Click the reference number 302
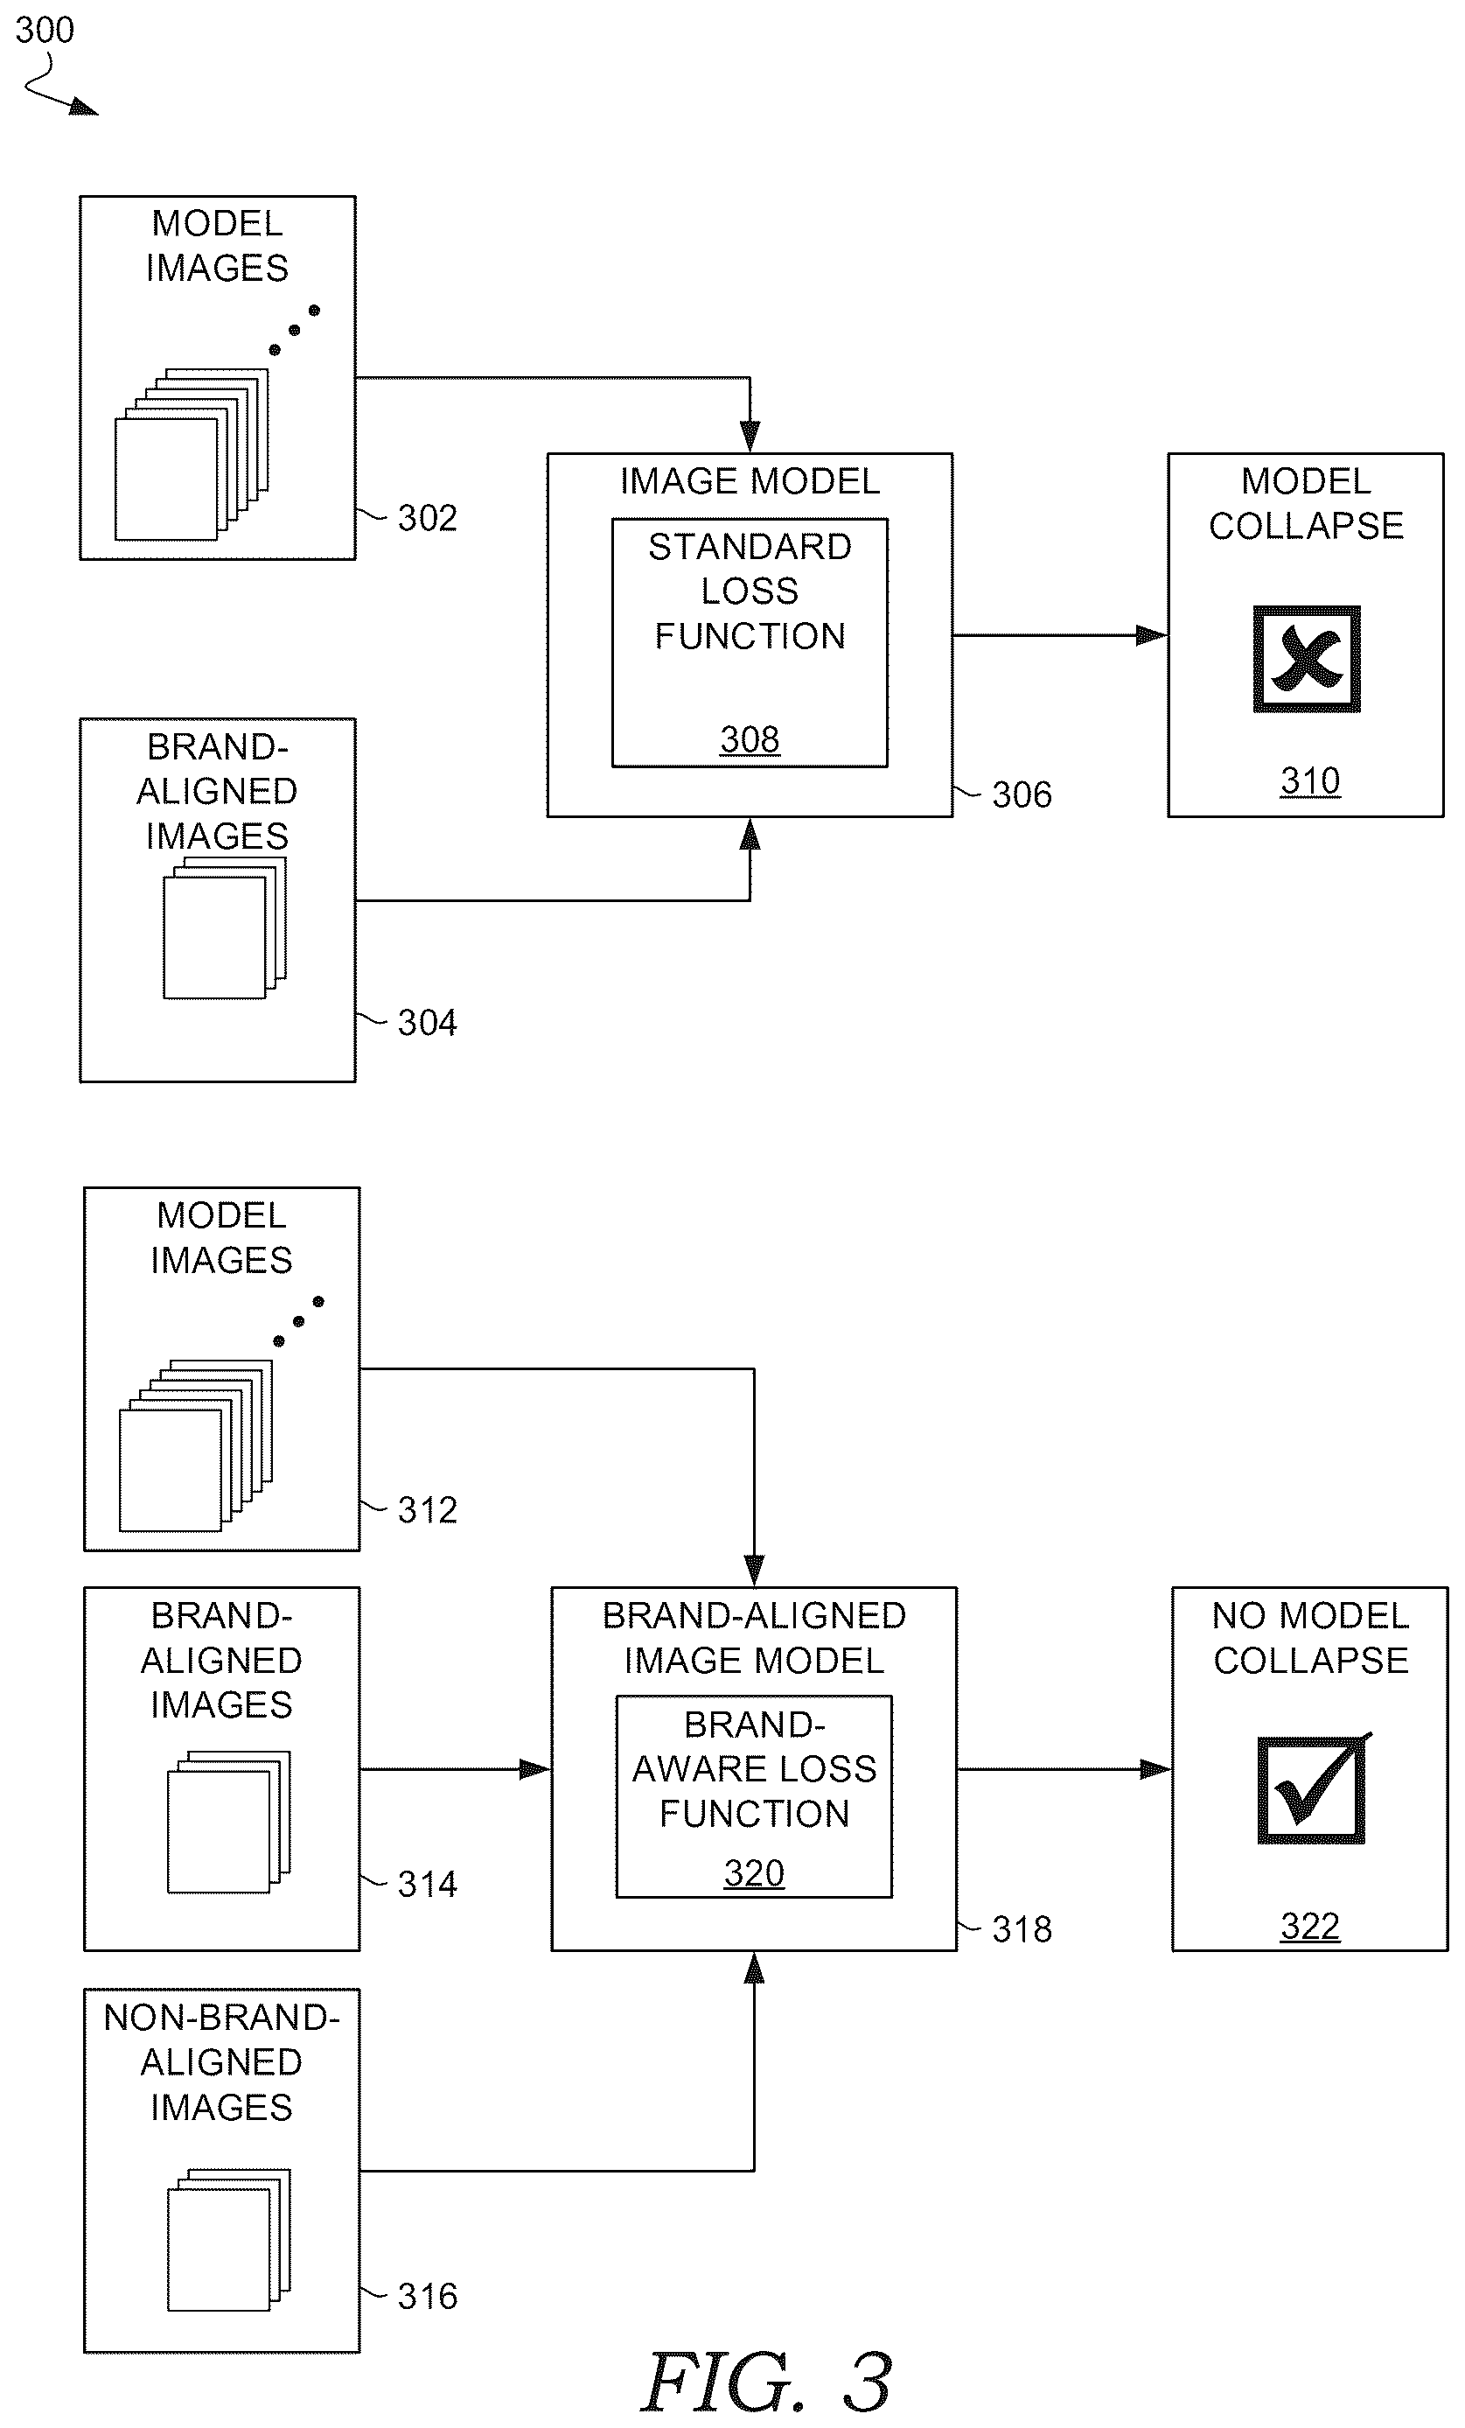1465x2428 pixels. click(x=427, y=518)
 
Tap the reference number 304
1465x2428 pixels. click(x=427, y=1023)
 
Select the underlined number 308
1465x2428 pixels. click(x=750, y=739)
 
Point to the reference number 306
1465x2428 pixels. click(x=1022, y=795)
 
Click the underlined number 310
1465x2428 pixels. click(x=1309, y=781)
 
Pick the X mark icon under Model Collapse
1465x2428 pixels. click(x=1307, y=658)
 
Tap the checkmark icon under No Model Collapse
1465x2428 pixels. click(x=1314, y=1788)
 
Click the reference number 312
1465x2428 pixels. click(x=427, y=1509)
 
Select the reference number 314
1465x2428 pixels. click(x=427, y=1884)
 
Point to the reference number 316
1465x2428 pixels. click(x=427, y=2296)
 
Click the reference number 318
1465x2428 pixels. click(x=1022, y=1929)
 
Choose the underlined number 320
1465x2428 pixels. click(x=754, y=1872)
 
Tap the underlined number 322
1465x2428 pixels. click(x=1309, y=1927)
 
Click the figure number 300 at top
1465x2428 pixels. click(x=45, y=31)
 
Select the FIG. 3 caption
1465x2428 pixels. click(x=766, y=2381)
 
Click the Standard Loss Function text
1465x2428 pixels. click(x=750, y=591)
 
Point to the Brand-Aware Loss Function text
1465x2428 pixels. click(x=754, y=1769)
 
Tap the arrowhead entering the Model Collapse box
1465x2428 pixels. click(x=1152, y=635)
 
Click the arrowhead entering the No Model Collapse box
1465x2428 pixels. click(x=1155, y=1770)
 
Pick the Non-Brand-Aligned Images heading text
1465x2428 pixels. click(x=220, y=2062)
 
